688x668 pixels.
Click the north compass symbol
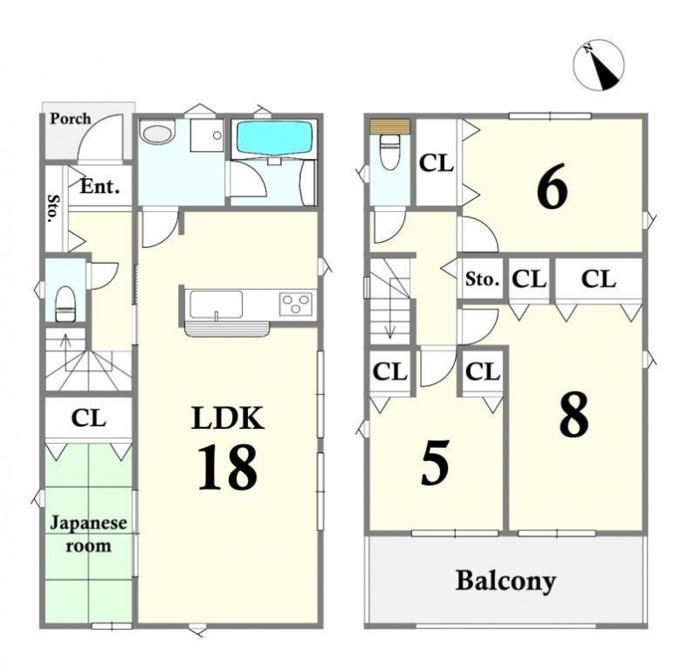(598, 65)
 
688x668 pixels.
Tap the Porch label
(70, 119)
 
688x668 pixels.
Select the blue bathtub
(275, 138)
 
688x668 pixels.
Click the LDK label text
(228, 418)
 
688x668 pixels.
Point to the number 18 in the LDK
(227, 466)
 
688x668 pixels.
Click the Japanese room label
(88, 534)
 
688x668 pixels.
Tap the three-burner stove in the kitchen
(297, 303)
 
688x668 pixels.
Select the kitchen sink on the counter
(216, 304)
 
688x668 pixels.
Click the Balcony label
(506, 581)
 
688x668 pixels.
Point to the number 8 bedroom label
(574, 415)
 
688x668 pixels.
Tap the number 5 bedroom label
(435, 463)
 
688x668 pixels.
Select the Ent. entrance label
(100, 187)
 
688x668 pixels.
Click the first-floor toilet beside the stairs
(65, 303)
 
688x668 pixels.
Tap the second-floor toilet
(389, 151)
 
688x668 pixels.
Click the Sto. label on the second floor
(482, 279)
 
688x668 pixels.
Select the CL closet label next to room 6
(437, 163)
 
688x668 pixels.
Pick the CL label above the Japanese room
(89, 418)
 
